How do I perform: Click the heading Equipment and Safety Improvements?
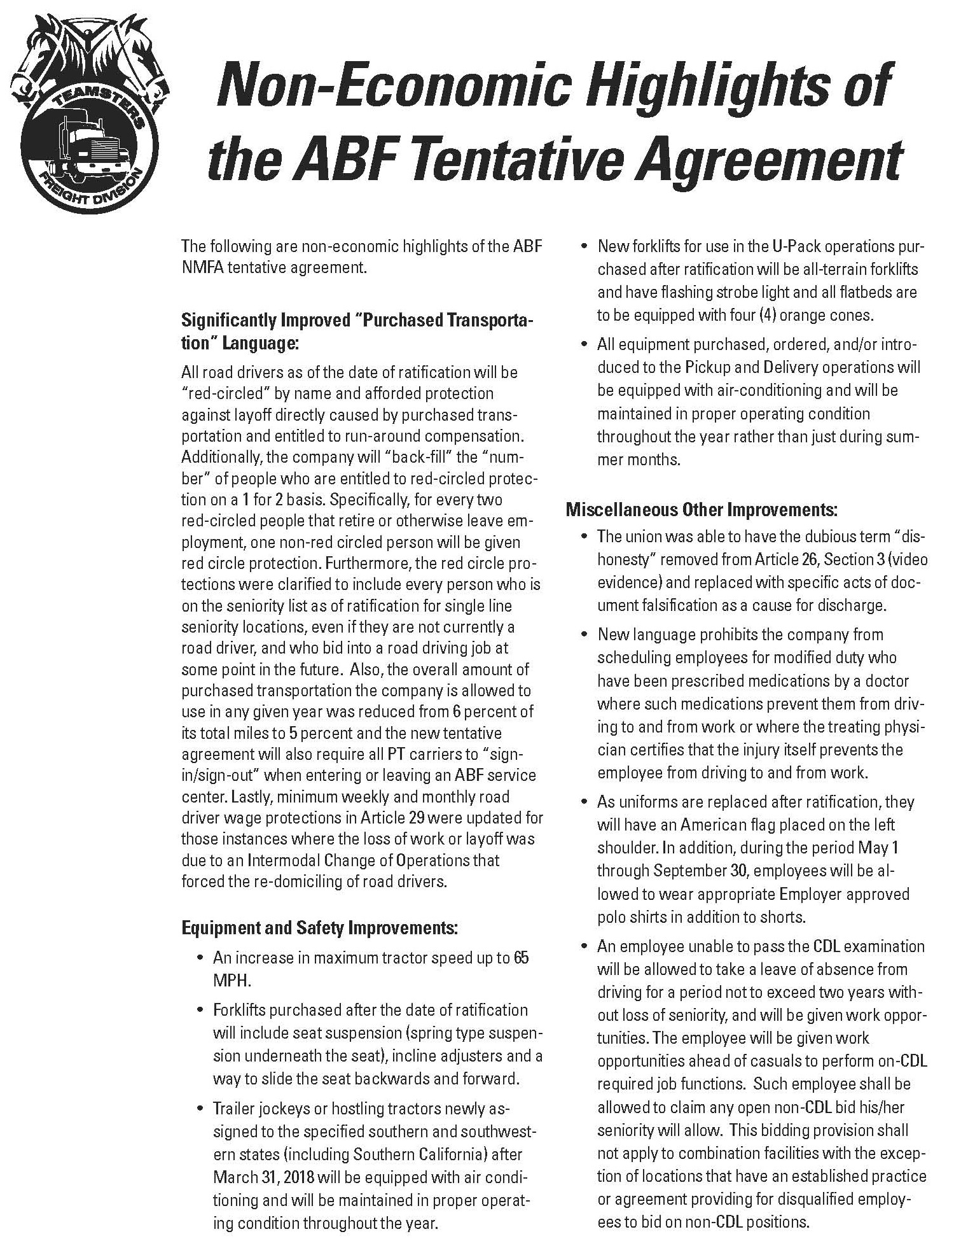click(319, 928)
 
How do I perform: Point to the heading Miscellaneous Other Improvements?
click(701, 510)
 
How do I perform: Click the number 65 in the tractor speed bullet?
click(520, 958)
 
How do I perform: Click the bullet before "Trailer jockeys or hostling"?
click(201, 1109)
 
